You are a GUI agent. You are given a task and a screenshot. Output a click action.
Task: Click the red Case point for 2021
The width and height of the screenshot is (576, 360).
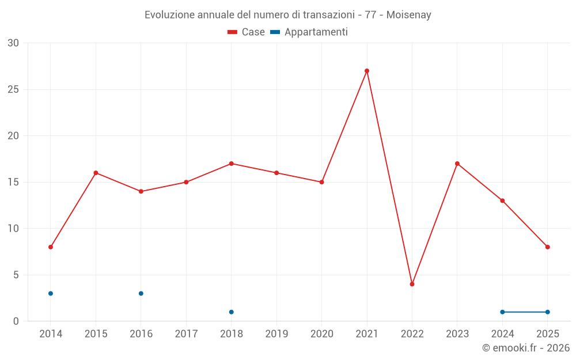click(x=367, y=71)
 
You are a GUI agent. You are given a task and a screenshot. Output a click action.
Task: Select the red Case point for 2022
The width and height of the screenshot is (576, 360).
click(x=412, y=284)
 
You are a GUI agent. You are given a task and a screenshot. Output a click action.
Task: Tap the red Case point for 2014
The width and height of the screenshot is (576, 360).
click(x=51, y=247)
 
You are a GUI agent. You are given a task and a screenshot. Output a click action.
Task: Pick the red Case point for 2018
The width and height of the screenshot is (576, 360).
click(x=232, y=164)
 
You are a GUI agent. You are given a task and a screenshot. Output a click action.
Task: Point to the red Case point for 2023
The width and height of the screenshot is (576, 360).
click(x=457, y=164)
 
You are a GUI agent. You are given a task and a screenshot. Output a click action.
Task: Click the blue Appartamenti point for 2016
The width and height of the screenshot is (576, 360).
click(x=141, y=294)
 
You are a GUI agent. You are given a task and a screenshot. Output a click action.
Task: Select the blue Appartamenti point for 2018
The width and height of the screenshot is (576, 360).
click(x=232, y=312)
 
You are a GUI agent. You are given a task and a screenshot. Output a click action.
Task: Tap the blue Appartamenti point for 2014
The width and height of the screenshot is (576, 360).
click(x=51, y=294)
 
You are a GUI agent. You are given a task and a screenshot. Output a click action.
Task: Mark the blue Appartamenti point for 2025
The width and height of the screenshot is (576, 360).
click(x=548, y=312)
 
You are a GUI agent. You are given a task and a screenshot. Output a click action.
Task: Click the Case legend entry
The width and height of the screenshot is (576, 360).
click(x=247, y=32)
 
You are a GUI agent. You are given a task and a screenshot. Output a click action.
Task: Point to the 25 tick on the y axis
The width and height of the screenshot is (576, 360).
click(x=13, y=89)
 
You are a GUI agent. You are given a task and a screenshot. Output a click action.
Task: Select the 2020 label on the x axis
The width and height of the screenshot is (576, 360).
click(x=322, y=334)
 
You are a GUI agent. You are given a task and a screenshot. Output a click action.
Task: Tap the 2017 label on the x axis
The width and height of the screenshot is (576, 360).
click(x=186, y=334)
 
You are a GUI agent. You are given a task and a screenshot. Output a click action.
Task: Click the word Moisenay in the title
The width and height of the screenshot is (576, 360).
click(x=409, y=15)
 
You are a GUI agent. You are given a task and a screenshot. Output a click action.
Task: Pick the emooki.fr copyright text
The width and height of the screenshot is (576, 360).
click(x=526, y=348)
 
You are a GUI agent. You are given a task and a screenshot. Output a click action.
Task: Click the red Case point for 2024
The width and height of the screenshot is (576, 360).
click(x=502, y=200)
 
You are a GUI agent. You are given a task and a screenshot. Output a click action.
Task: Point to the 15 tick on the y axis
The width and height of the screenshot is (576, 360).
click(x=13, y=182)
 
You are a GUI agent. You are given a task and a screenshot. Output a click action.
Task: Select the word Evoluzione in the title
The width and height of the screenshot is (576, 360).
click(x=169, y=15)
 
